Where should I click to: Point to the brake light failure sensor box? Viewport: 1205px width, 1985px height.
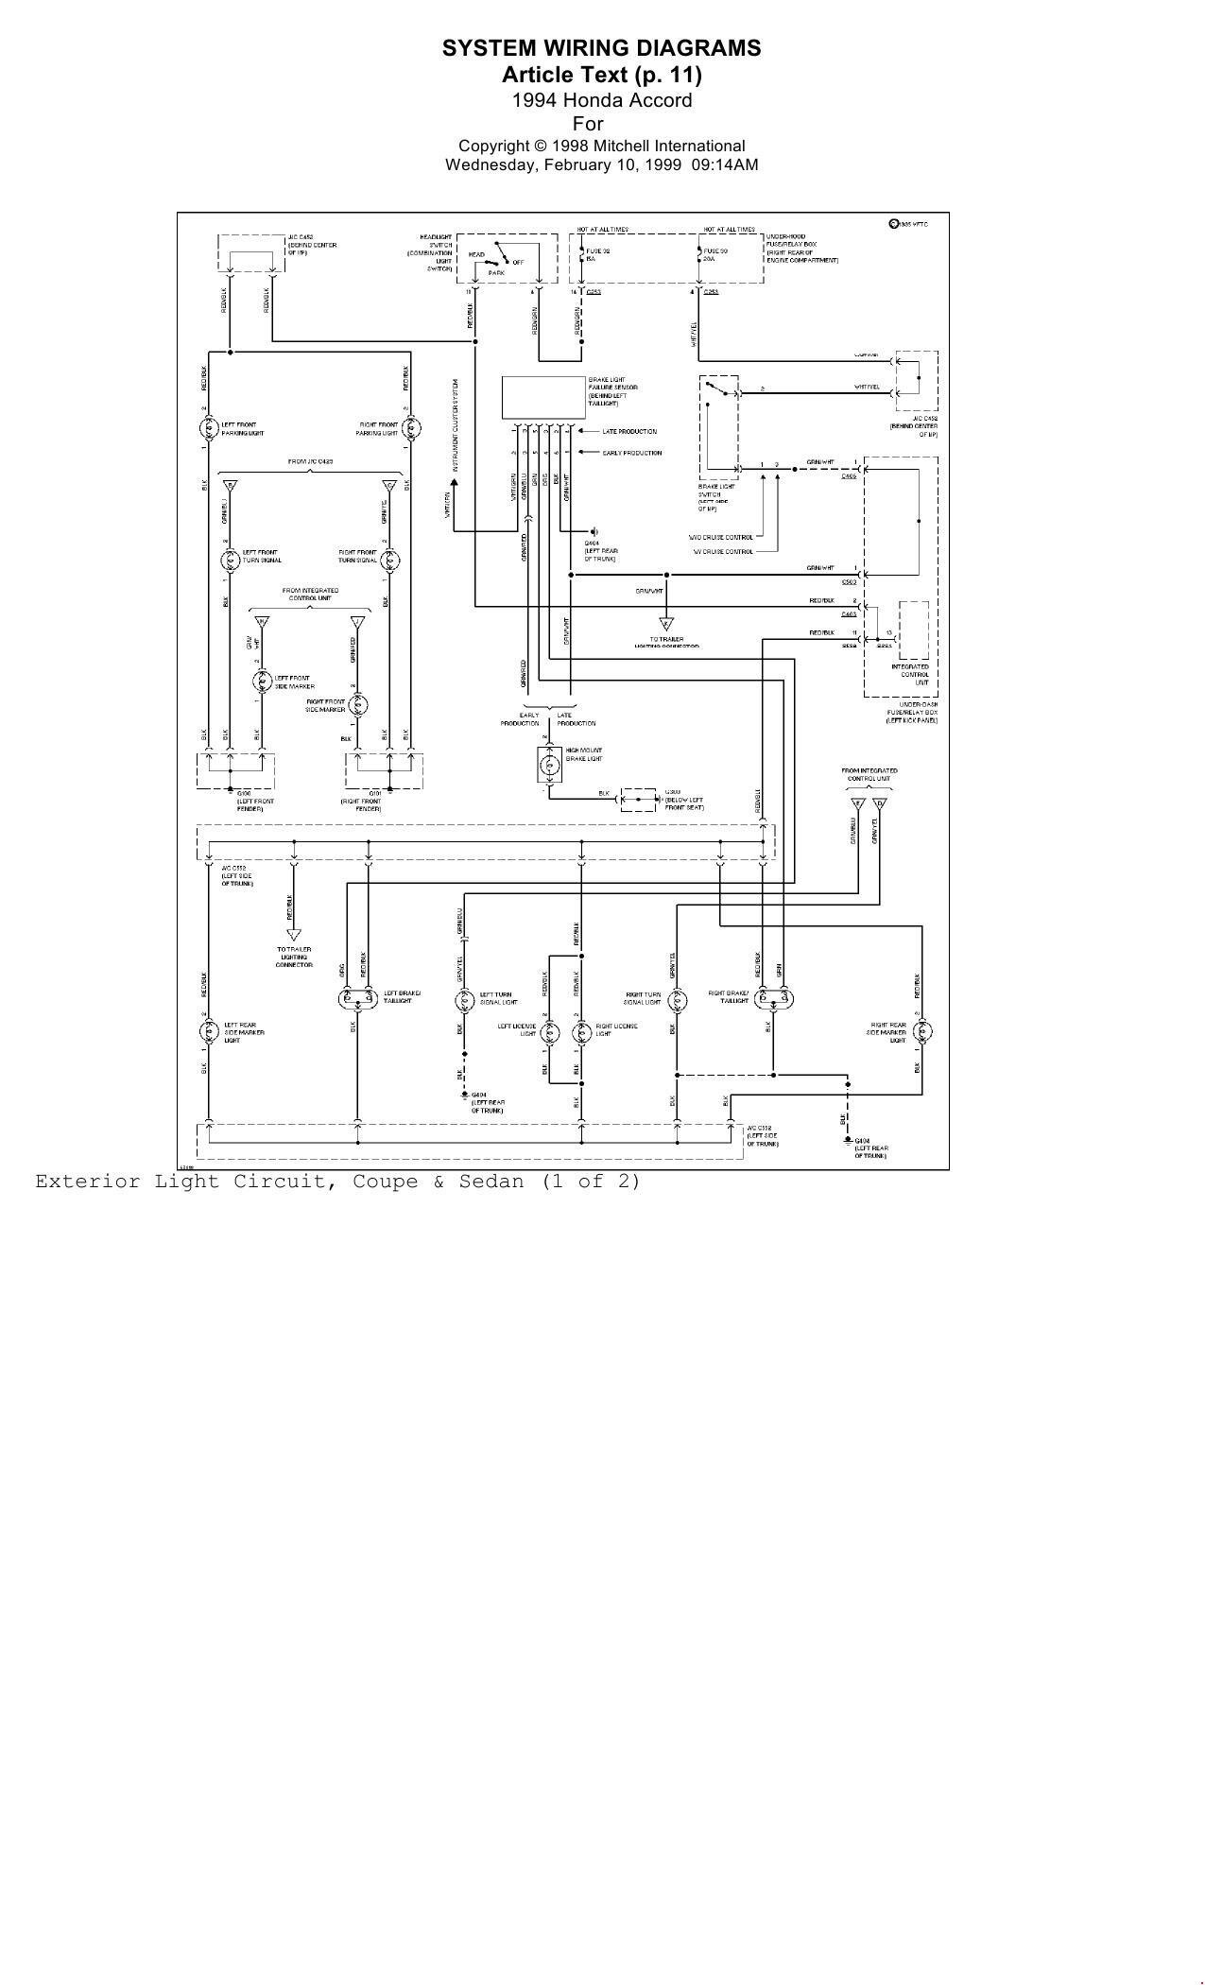[543, 397]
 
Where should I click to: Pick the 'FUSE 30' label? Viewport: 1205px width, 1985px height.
[715, 250]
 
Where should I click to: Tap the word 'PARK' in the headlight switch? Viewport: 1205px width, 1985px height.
[496, 272]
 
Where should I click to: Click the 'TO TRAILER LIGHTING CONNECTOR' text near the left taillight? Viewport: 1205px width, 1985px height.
[294, 957]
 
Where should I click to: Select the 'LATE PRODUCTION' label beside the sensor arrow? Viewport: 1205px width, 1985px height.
[629, 431]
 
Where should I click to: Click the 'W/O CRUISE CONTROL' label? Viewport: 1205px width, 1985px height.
[721, 537]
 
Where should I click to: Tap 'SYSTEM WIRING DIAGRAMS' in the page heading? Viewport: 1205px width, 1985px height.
[601, 48]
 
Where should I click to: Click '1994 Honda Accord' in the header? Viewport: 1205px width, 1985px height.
[601, 100]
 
